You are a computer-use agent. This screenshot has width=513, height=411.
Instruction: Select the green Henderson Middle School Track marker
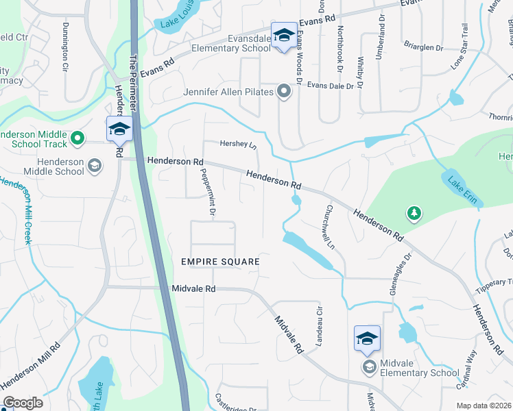pyautogui.click(x=77, y=138)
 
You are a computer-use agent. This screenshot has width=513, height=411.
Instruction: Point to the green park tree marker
pyautogui.click(x=414, y=214)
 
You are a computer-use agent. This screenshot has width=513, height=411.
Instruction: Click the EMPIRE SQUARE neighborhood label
pyautogui.click(x=220, y=262)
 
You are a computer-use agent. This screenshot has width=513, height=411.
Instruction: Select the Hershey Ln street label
pyautogui.click(x=237, y=145)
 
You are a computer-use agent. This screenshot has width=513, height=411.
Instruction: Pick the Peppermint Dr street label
pyautogui.click(x=208, y=194)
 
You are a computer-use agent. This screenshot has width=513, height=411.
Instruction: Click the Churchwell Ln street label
pyautogui.click(x=329, y=227)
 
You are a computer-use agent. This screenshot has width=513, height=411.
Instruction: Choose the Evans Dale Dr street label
pyautogui.click(x=330, y=86)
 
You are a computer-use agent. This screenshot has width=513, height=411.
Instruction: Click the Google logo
pyautogui.click(x=22, y=403)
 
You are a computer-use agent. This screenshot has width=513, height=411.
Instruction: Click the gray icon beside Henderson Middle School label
pyautogui.click(x=95, y=165)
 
